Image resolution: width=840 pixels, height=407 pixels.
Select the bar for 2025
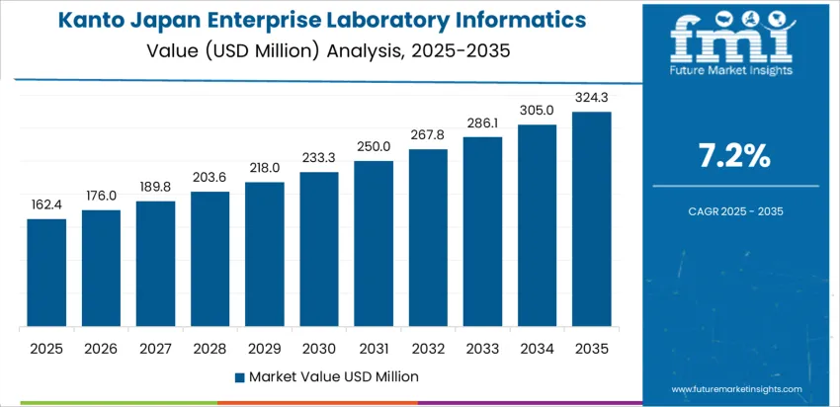tap(46, 273)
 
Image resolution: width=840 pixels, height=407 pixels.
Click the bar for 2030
tap(319, 249)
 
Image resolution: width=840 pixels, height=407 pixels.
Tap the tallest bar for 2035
tap(592, 219)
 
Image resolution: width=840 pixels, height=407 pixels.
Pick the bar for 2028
tap(210, 259)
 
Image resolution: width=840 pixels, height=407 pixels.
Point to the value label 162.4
tap(46, 204)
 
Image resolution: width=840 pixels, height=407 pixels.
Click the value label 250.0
tap(374, 146)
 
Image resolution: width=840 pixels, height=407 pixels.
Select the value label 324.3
tap(592, 97)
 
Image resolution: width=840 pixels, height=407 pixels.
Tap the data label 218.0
tap(265, 168)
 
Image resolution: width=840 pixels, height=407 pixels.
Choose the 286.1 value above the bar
tap(483, 122)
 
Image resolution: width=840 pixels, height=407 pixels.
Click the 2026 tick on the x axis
tap(101, 348)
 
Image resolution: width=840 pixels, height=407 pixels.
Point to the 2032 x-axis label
tap(428, 348)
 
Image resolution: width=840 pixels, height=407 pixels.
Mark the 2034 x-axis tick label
tap(538, 348)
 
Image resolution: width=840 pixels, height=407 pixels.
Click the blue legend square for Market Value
tap(240, 376)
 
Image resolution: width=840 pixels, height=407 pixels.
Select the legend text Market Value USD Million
tap(333, 376)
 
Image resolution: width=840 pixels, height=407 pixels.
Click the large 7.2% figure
tap(734, 155)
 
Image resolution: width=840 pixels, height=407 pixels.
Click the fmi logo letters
tap(732, 38)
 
